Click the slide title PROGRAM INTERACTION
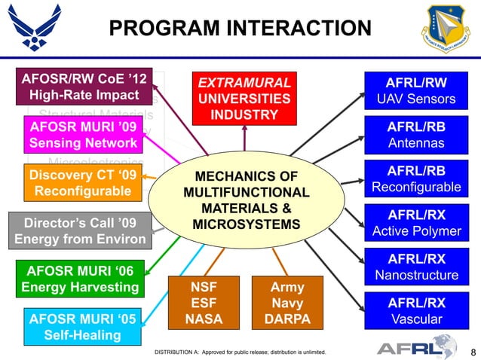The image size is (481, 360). pos(240,29)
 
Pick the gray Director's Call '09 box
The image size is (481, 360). pos(80,231)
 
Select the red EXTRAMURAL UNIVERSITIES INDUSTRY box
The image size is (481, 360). pos(244,98)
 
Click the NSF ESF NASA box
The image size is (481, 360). pos(204,303)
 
